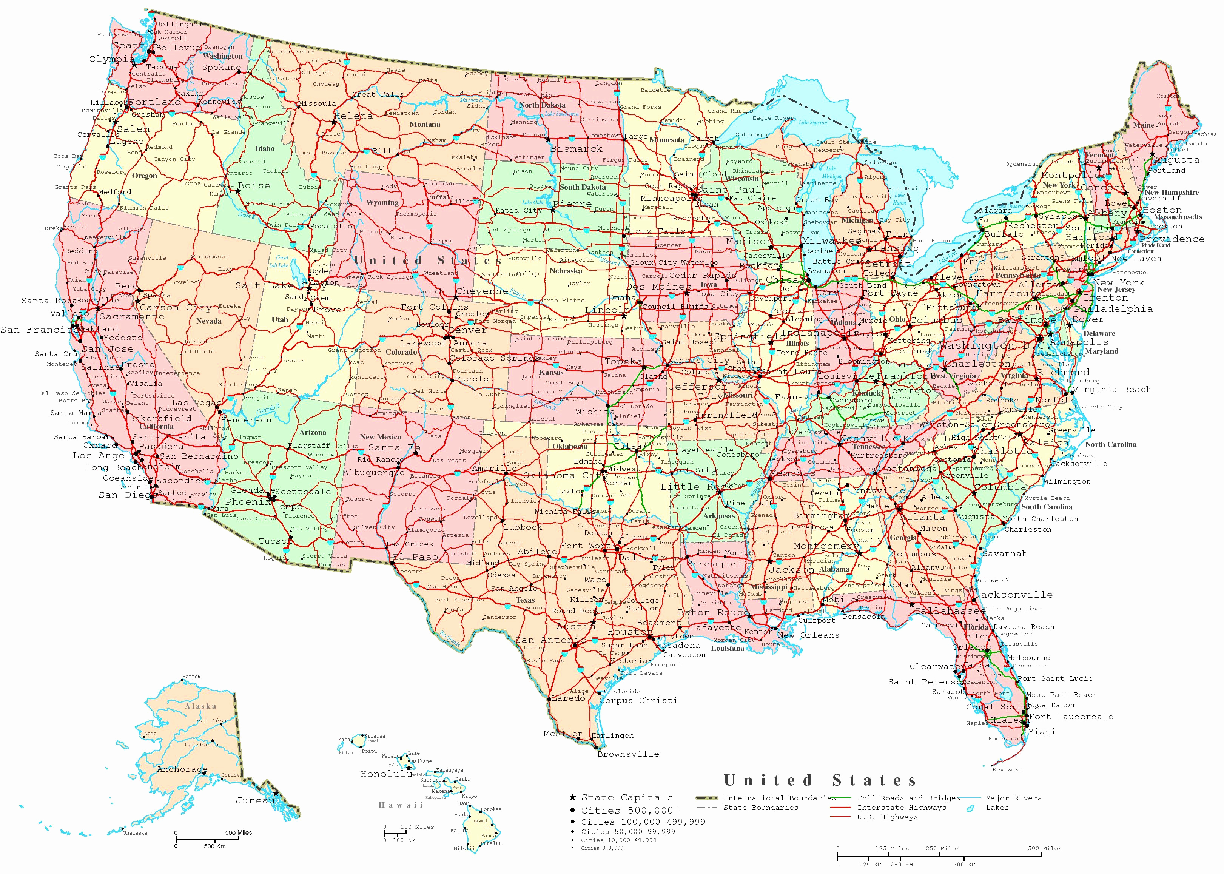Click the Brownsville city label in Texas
tap(628, 754)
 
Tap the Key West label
tap(1007, 769)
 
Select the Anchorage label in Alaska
tap(182, 769)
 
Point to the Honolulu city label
tap(386, 774)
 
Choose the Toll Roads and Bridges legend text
tap(908, 798)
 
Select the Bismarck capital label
tap(576, 148)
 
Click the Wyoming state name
tap(382, 203)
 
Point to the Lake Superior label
tap(813, 122)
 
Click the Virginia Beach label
tap(1111, 389)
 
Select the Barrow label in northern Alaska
tap(191, 677)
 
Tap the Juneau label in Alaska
tap(255, 800)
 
